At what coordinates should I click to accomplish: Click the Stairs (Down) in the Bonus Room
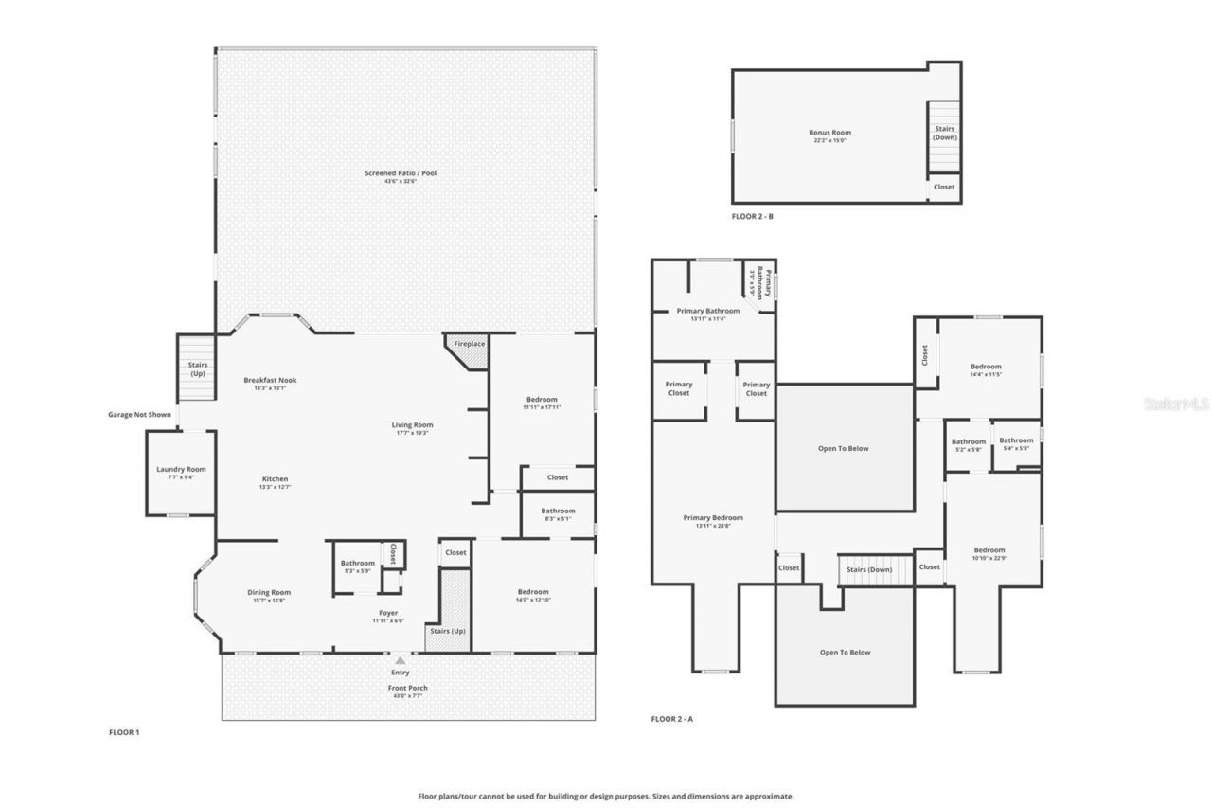[944, 133]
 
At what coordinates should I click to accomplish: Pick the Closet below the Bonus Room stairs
[944, 187]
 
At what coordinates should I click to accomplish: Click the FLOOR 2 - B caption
[753, 217]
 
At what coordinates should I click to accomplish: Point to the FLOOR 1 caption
[125, 732]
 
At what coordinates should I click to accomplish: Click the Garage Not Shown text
[139, 414]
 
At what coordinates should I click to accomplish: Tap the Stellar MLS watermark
[1175, 404]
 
